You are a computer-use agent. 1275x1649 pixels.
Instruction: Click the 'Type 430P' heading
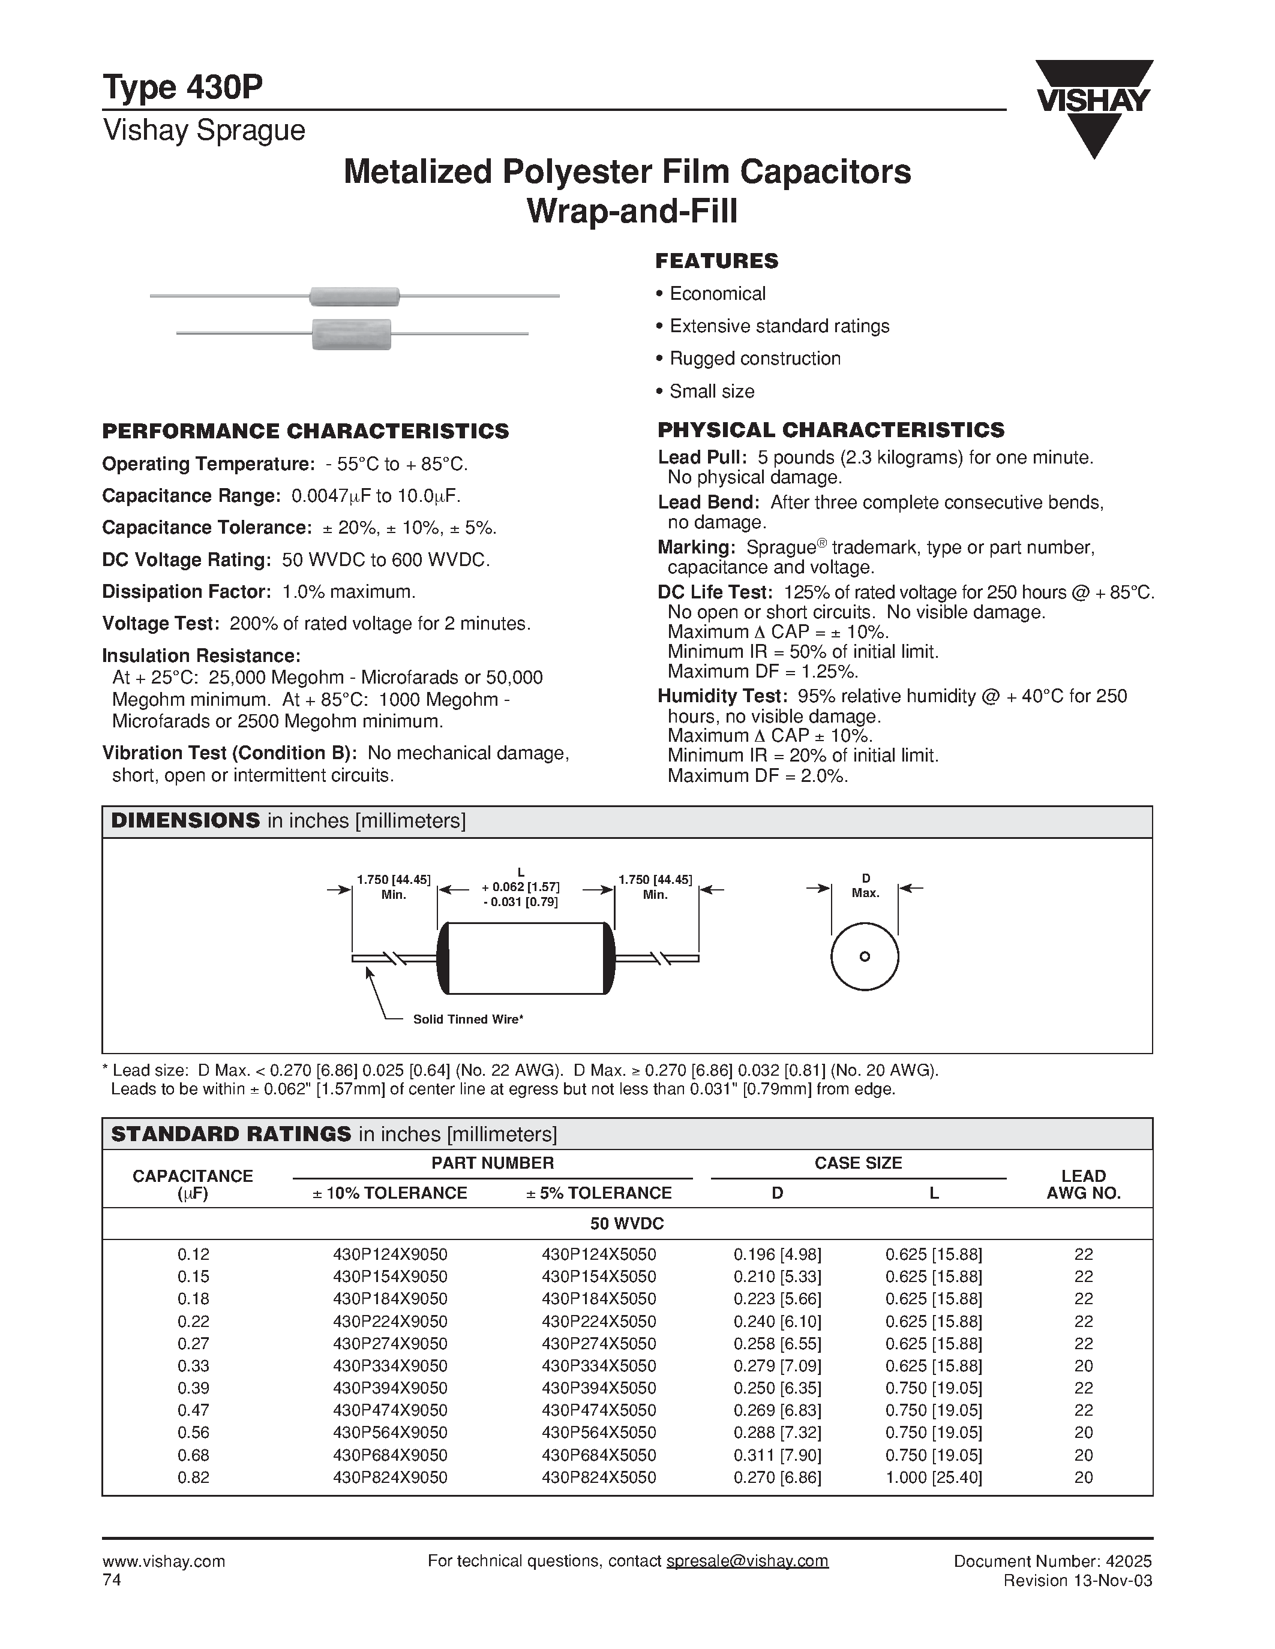tap(183, 88)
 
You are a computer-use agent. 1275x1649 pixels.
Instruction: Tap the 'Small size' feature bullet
tap(712, 391)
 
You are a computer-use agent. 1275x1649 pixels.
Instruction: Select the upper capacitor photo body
tap(354, 297)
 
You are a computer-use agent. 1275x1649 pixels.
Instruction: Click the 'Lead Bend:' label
tap(709, 502)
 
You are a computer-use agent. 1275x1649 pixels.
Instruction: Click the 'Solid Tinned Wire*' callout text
tap(467, 1019)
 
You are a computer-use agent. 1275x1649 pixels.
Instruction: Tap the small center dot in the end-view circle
tap(865, 956)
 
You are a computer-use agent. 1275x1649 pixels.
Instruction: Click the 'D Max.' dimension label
tap(866, 886)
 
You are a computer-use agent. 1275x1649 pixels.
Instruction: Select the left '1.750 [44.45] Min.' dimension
tap(394, 887)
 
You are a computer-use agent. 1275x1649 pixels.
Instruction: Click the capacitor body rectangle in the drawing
tap(526, 958)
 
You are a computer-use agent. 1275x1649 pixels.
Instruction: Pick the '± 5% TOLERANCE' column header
tap(599, 1193)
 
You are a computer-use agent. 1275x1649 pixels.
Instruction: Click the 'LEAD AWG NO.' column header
tap(1083, 1185)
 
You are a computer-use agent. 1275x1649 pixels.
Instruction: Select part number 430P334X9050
tap(390, 1366)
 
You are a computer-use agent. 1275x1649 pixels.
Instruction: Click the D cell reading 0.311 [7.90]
tap(777, 1455)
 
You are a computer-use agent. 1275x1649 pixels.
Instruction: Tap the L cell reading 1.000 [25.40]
tap(934, 1478)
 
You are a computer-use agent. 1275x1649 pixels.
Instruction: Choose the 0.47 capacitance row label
tap(193, 1410)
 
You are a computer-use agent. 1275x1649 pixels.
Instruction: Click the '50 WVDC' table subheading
tap(627, 1223)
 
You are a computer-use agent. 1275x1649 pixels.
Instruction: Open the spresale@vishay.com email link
tap(747, 1561)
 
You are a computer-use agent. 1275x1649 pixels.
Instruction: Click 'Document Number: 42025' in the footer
tap(1053, 1561)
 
